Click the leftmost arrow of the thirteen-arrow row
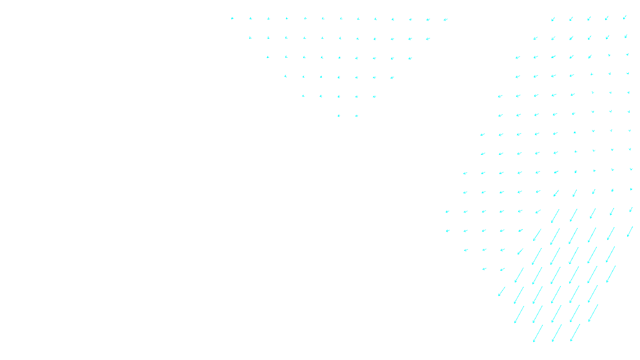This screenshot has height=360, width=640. pos(232,18)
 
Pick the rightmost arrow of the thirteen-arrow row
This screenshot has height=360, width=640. pos(446,19)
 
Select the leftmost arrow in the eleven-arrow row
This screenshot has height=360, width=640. pos(250,38)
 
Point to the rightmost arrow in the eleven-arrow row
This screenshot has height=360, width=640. pos(428,39)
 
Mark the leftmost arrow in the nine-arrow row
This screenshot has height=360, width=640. pos(268,57)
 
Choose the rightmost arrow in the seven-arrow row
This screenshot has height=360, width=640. pos(392,78)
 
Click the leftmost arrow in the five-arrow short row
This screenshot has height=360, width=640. pos(303,96)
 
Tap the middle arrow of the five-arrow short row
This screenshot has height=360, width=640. pos(339,96)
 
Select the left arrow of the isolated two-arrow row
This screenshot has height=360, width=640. pos(339,116)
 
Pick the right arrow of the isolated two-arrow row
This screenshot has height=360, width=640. pos(356,116)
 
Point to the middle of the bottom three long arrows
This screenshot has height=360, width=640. pos(556,333)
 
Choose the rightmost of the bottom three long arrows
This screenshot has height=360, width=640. pos(575,332)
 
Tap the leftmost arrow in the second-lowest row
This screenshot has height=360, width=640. pos(519,314)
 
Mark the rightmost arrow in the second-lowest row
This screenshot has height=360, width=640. pos(593,313)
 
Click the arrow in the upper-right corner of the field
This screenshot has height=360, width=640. pos(625,17)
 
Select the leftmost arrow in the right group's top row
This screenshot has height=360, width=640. pos(553,19)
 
